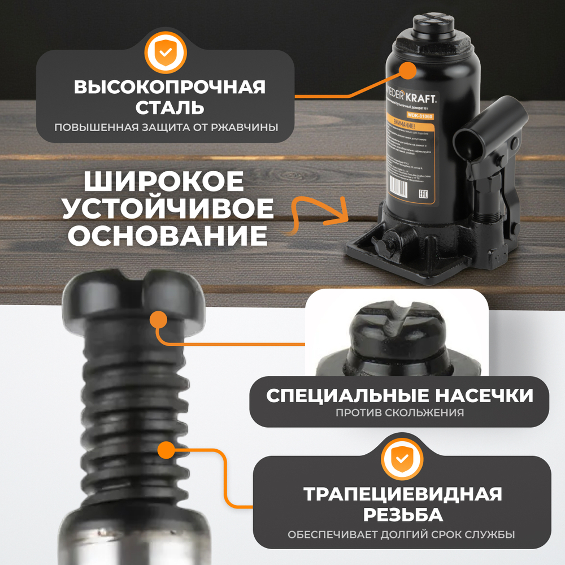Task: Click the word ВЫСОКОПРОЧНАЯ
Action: (x=169, y=88)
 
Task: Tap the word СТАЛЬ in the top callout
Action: (x=169, y=107)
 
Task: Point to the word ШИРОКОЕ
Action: (x=164, y=182)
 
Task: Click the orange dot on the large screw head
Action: (x=159, y=320)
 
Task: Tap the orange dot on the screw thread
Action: (x=166, y=451)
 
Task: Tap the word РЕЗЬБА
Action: (x=402, y=515)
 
